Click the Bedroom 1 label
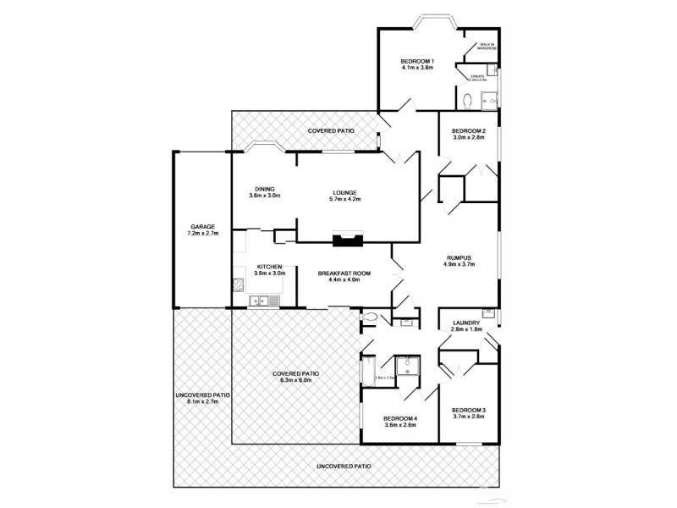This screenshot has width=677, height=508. coord(417,64)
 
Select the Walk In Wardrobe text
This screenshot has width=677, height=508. coord(487,46)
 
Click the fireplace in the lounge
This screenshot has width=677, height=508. coord(346,240)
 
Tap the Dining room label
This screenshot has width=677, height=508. coord(264,192)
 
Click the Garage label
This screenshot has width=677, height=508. coord(203,229)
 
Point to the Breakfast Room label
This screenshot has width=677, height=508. coord(344,276)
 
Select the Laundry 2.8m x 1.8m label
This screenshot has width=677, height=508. coord(466,326)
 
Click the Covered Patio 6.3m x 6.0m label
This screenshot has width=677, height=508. coord(296,377)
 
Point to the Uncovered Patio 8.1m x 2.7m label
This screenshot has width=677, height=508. coord(203,399)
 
